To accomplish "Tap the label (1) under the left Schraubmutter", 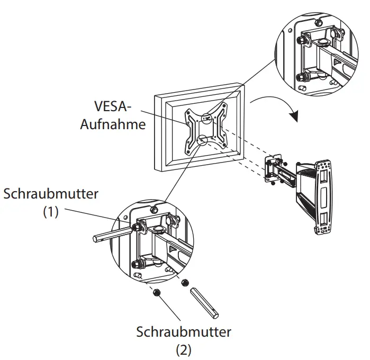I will (51, 212).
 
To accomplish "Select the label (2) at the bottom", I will (184, 350).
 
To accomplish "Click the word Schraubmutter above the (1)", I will (51, 193).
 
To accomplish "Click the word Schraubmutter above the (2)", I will (184, 332).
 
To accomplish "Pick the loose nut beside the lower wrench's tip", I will (185, 284).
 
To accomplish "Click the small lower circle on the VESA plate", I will (201, 139).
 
